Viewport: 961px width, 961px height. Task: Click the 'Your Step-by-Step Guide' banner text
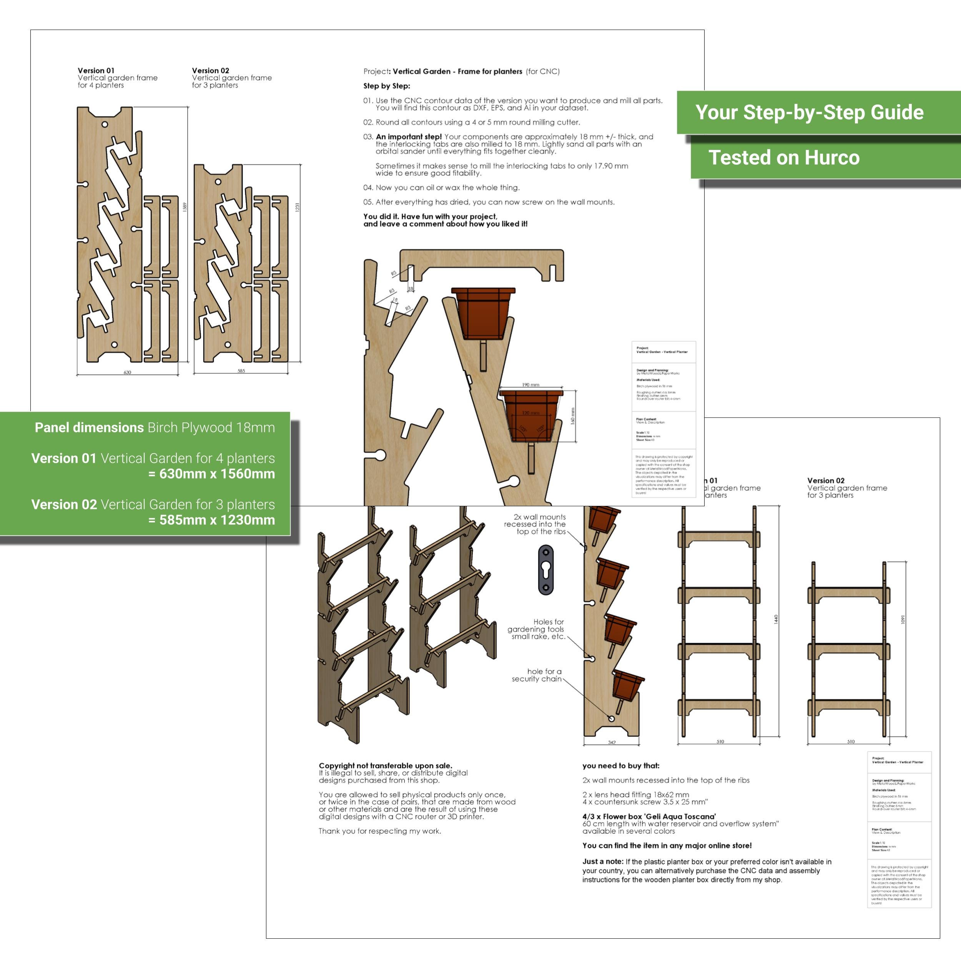[x=809, y=112]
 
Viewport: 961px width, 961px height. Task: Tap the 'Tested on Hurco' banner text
[x=784, y=158]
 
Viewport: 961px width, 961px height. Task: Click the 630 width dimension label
[x=127, y=372]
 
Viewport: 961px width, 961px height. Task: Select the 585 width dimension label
[x=241, y=371]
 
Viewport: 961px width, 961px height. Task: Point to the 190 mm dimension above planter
[x=531, y=384]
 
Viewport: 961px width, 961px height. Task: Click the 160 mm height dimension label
[x=572, y=416]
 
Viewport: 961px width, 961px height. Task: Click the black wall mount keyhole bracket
[x=546, y=570]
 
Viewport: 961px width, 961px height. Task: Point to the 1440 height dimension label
[x=775, y=619]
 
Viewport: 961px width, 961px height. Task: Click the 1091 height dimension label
[x=903, y=620]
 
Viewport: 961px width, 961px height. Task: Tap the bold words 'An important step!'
[x=408, y=136]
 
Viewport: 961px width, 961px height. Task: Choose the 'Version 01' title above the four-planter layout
[x=96, y=71]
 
